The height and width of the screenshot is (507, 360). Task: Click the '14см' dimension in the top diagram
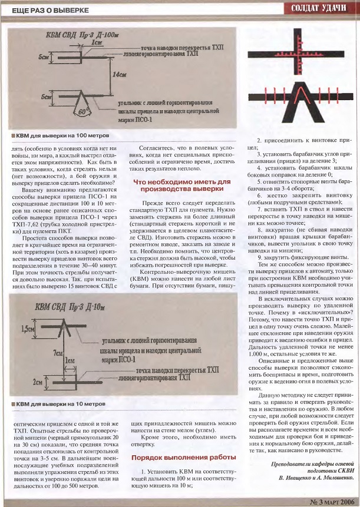click(x=122, y=75)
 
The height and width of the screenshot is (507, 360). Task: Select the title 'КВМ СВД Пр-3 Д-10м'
click(x=78, y=307)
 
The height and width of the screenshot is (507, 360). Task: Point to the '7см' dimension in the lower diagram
click(x=56, y=352)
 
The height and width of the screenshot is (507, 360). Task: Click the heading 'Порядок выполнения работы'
click(x=176, y=457)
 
